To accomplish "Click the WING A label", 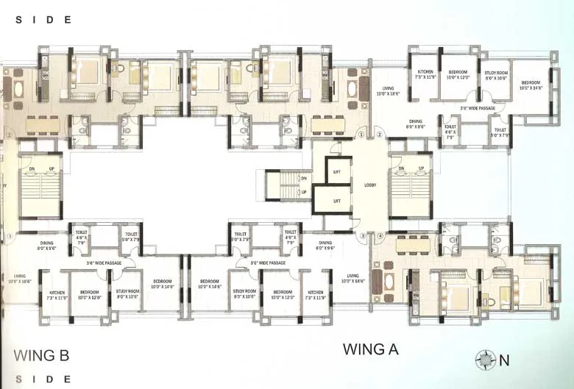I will click(x=370, y=349).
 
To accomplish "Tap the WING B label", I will click(x=42, y=356).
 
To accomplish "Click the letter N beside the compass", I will click(x=504, y=360).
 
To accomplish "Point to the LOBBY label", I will click(x=370, y=185).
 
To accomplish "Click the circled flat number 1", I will click(x=361, y=135).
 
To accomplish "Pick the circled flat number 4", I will click(x=380, y=236).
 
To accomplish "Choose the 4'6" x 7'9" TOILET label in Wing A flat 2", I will click(x=450, y=130).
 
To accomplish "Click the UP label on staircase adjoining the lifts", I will click(x=303, y=193).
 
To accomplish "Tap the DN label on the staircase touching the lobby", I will click(x=402, y=169).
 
